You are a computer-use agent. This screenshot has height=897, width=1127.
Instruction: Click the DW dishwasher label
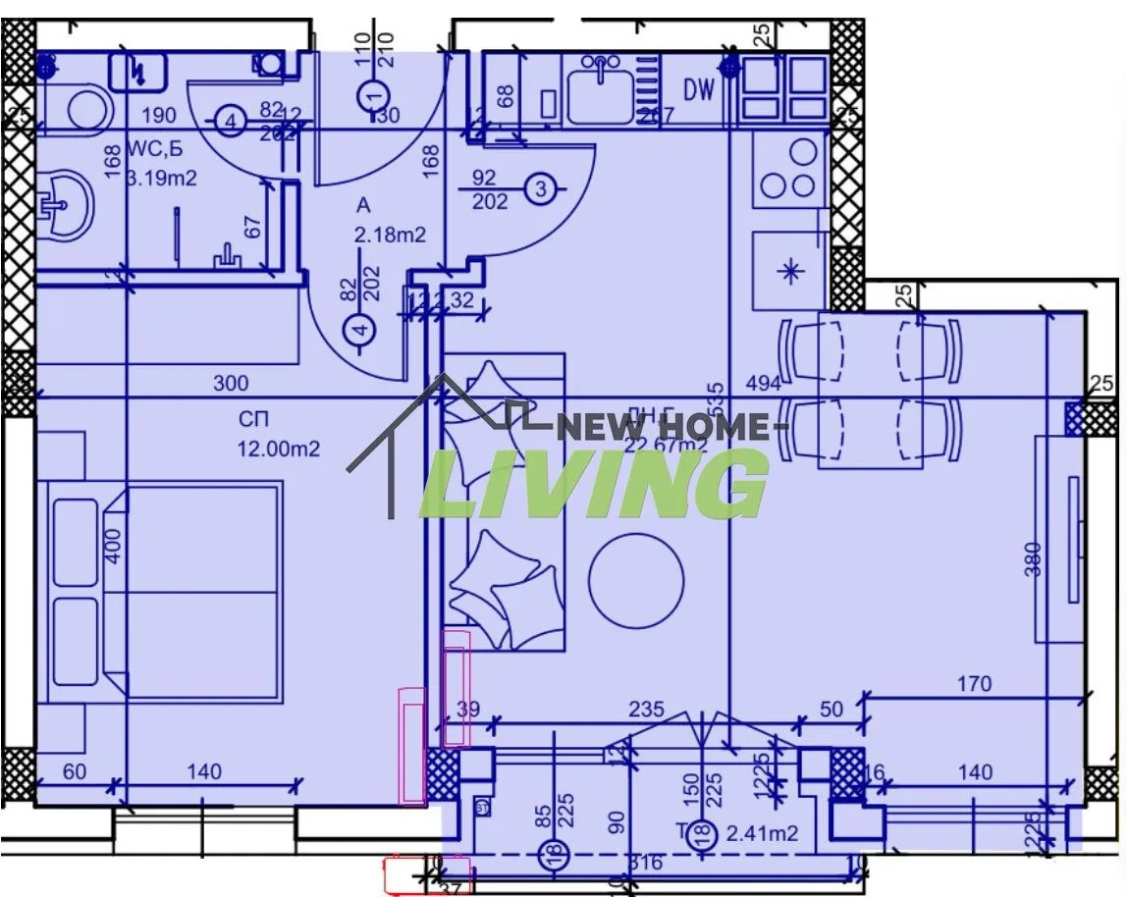[x=699, y=90]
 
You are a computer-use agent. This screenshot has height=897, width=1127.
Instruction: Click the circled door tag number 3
[x=540, y=188]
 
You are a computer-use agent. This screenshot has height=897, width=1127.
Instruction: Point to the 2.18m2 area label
[x=391, y=236]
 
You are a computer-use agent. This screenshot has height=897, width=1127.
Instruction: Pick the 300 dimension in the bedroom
[x=231, y=383]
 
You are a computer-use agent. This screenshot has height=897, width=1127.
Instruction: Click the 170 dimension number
[x=973, y=683]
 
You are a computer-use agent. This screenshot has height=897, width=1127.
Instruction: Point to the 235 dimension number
[x=646, y=709]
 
